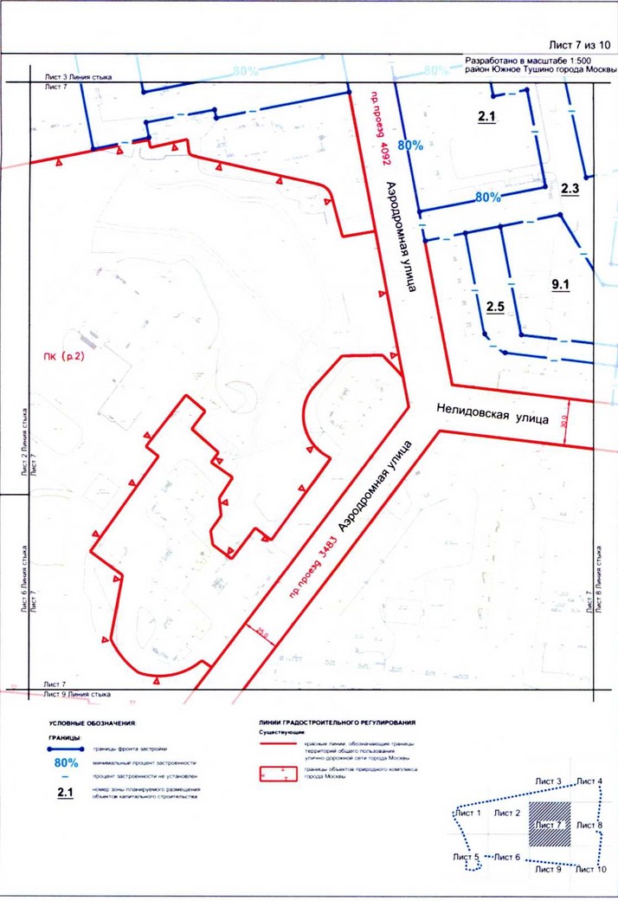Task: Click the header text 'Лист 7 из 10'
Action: [x=579, y=44]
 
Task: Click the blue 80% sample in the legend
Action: [x=66, y=763]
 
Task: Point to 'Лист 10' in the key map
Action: [x=591, y=870]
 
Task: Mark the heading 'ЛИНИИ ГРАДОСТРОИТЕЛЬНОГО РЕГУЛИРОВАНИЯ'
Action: [x=338, y=722]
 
